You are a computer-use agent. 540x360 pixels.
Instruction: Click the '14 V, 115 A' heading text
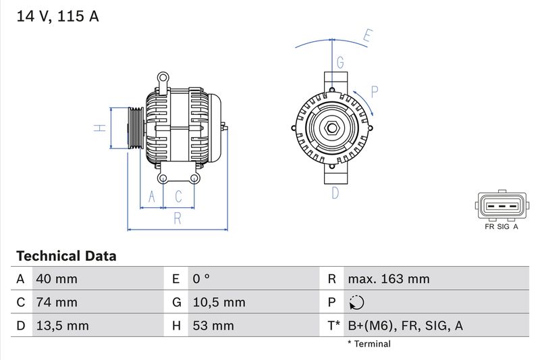[57, 17]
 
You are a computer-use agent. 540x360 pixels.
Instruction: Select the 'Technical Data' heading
[66, 257]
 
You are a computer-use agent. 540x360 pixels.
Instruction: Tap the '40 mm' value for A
[57, 279]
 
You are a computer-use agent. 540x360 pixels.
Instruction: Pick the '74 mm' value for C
[57, 303]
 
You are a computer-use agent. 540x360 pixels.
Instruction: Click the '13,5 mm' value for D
[62, 326]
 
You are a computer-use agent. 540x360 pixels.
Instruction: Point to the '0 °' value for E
[202, 279]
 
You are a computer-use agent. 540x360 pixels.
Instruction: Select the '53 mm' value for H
[213, 326]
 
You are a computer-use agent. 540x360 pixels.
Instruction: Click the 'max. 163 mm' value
[389, 279]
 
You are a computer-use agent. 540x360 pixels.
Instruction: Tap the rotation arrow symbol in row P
[357, 303]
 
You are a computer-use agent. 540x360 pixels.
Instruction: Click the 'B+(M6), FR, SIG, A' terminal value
[405, 326]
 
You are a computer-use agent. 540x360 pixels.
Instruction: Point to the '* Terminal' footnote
[369, 344]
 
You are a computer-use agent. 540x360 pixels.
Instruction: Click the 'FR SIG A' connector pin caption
[501, 227]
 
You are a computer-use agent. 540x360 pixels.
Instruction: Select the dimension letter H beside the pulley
[99, 128]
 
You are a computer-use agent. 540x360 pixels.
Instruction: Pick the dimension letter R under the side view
[178, 217]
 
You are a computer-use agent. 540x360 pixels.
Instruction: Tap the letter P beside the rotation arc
[375, 91]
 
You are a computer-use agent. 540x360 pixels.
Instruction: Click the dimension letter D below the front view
[335, 194]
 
